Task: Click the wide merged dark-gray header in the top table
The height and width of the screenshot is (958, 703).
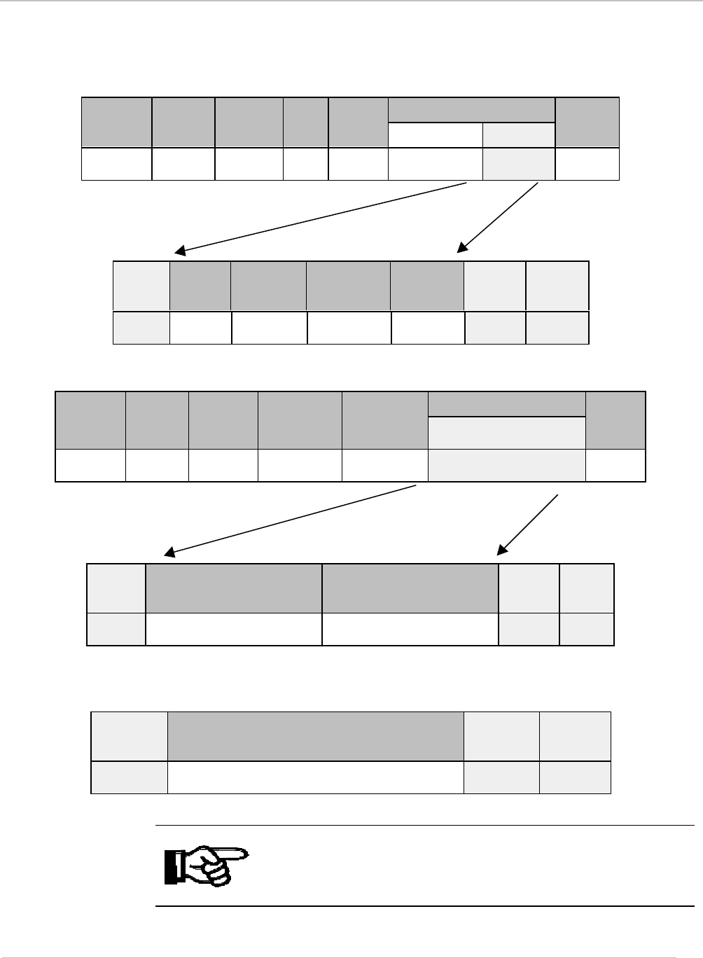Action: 471,110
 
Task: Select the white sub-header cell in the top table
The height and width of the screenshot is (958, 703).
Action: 435,135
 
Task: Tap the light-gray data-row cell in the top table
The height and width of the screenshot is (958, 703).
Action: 518,164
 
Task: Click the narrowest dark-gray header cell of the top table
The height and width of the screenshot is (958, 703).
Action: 306,122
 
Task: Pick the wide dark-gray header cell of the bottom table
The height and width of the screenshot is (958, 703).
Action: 315,736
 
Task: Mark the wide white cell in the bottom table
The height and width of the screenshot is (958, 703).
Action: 315,777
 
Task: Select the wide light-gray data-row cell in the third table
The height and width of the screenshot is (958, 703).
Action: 506,466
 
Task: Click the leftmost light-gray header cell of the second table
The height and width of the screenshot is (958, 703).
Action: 141,286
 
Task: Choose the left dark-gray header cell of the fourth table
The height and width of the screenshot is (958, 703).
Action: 233,588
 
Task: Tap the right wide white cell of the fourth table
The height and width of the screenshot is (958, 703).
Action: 410,630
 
